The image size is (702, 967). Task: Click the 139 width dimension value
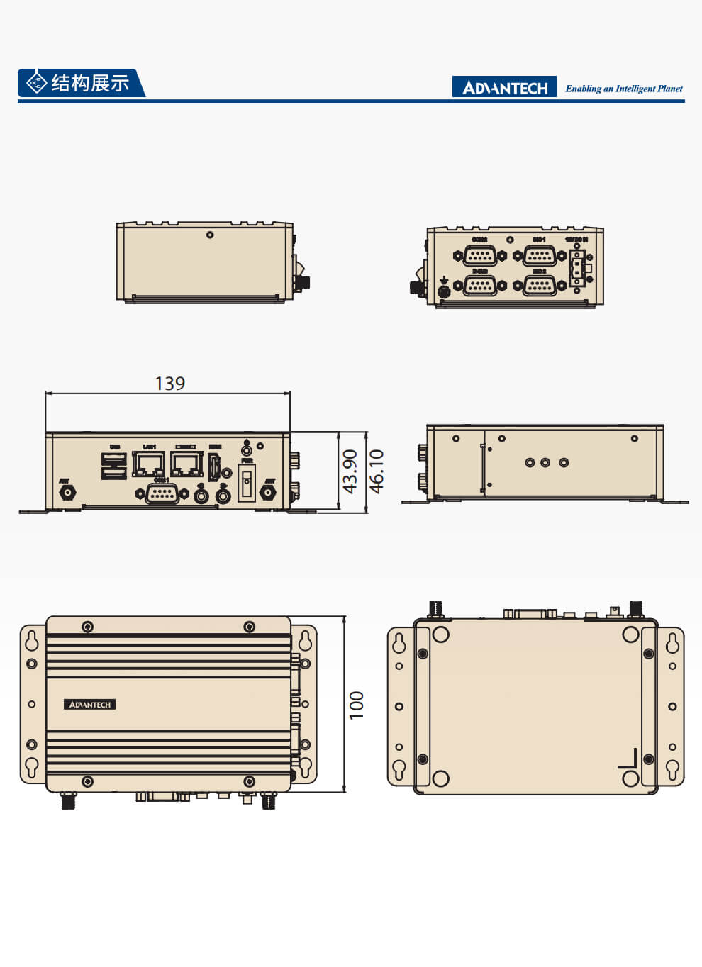tap(169, 384)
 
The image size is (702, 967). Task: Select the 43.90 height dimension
tap(350, 471)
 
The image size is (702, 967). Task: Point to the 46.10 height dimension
tap(377, 471)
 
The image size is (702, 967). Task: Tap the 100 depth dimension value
tap(356, 705)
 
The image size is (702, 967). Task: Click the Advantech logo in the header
tap(504, 87)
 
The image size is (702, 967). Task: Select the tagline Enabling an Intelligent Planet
tap(623, 89)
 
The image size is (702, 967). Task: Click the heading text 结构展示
tap(90, 83)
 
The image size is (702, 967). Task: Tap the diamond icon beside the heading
tap(35, 83)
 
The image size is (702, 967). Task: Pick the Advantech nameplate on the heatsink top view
tap(89, 705)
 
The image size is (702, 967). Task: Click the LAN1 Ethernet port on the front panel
tap(149, 464)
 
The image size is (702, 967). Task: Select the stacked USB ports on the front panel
tap(113, 465)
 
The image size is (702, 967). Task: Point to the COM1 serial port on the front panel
tap(162, 493)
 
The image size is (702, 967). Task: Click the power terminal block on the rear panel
tap(577, 268)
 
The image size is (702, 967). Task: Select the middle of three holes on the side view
tap(545, 463)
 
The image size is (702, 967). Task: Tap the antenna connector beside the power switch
tap(268, 493)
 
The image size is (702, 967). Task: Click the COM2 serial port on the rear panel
tap(480, 255)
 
